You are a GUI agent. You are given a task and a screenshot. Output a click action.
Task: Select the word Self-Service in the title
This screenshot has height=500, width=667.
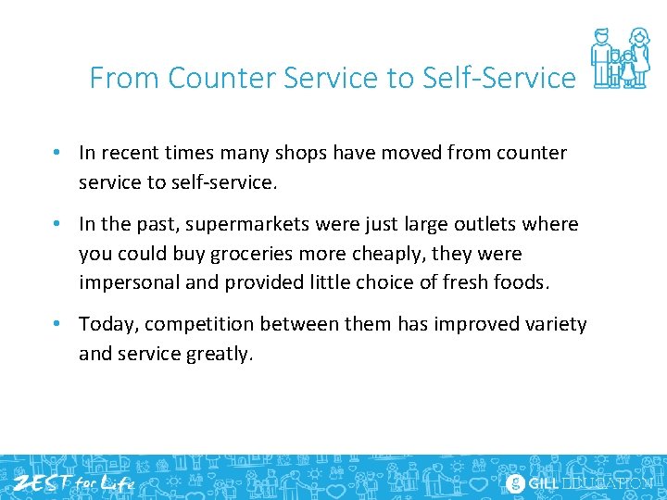pos(498,78)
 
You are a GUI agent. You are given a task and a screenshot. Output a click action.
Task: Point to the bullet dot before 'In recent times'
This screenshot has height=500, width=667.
pos(57,153)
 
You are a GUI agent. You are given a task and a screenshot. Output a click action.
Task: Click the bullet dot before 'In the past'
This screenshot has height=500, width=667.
pos(57,224)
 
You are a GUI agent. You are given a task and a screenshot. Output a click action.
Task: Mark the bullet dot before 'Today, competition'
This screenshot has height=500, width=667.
pos(57,324)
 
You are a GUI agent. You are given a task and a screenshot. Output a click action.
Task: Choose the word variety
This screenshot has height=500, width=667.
pos(553,324)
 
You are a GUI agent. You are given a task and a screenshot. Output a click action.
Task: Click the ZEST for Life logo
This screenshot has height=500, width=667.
pos(71,482)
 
